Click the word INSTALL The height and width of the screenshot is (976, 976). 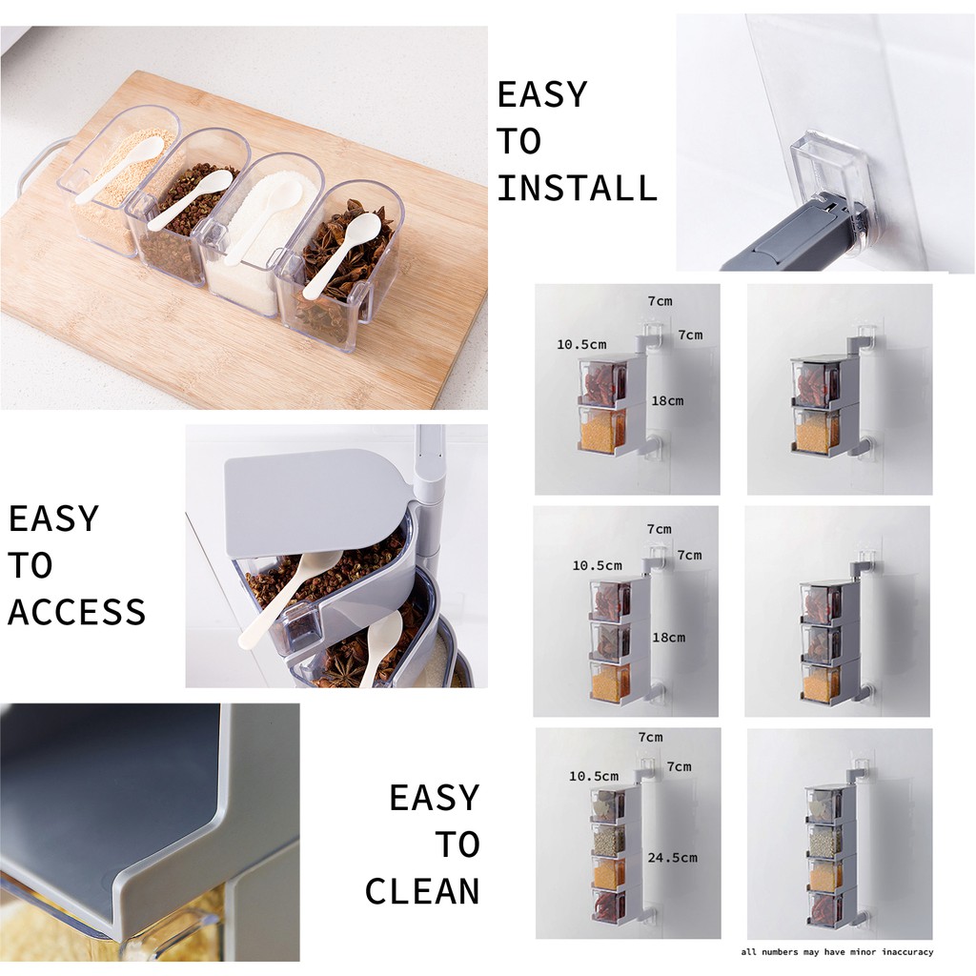(x=577, y=188)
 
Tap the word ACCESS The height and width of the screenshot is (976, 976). (x=76, y=611)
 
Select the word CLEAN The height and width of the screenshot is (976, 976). (x=422, y=891)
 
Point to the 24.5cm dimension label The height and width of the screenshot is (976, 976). (x=672, y=857)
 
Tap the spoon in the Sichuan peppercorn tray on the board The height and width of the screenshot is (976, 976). (x=190, y=199)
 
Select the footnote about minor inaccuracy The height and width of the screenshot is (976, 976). (x=837, y=952)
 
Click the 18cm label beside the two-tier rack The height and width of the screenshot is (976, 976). (x=667, y=401)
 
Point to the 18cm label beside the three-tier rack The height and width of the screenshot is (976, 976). (x=668, y=638)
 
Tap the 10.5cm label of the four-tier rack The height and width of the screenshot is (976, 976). (x=594, y=776)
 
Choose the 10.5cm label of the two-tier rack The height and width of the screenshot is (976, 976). (x=581, y=344)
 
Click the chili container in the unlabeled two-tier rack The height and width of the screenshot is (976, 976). (x=816, y=382)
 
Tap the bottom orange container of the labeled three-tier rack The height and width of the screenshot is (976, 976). (x=610, y=681)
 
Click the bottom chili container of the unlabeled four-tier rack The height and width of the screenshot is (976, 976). (x=824, y=909)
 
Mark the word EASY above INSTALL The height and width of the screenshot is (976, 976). (x=542, y=94)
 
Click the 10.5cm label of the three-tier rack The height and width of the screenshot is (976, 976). (x=597, y=566)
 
